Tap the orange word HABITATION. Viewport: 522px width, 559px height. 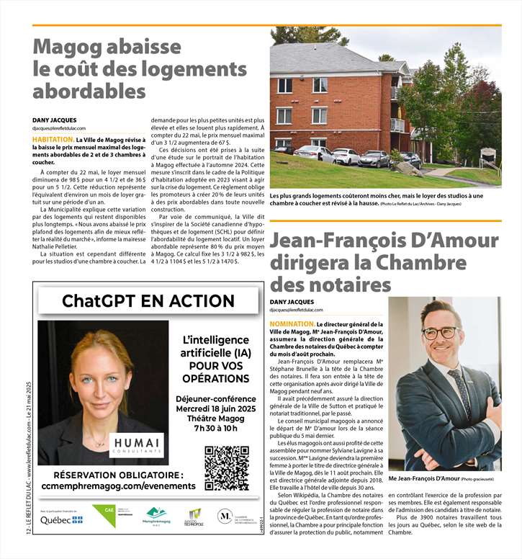[x=52, y=139]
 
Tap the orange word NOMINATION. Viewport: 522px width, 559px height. [x=291, y=325]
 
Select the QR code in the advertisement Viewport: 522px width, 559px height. [x=227, y=468]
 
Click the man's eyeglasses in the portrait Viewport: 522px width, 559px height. [x=441, y=332]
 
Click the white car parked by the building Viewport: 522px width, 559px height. [x=346, y=156]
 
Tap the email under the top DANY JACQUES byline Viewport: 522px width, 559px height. [x=63, y=128]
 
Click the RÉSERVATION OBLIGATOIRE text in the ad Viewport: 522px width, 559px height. [x=118, y=475]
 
